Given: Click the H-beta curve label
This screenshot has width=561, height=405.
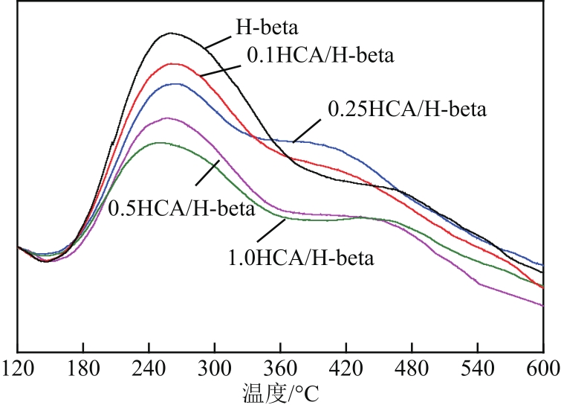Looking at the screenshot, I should (267, 29).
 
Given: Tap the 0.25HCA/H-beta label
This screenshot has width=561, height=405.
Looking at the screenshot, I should (406, 110).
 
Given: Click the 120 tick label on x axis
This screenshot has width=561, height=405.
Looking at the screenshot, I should (17, 369).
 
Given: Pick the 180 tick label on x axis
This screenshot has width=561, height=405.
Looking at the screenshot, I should (82, 369).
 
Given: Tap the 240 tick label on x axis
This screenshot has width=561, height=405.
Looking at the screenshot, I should (149, 369).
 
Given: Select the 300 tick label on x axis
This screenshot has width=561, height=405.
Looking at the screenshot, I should (215, 369).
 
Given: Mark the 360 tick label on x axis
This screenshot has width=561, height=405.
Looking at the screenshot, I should (280, 369).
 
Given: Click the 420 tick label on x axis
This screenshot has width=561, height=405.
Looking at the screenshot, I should (346, 369).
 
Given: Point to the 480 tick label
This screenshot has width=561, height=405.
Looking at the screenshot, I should (412, 369).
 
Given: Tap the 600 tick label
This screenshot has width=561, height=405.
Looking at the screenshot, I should (542, 369).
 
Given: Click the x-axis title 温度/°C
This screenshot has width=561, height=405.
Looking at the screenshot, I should (281, 391).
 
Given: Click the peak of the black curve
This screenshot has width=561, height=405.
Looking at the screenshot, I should (171, 33).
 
